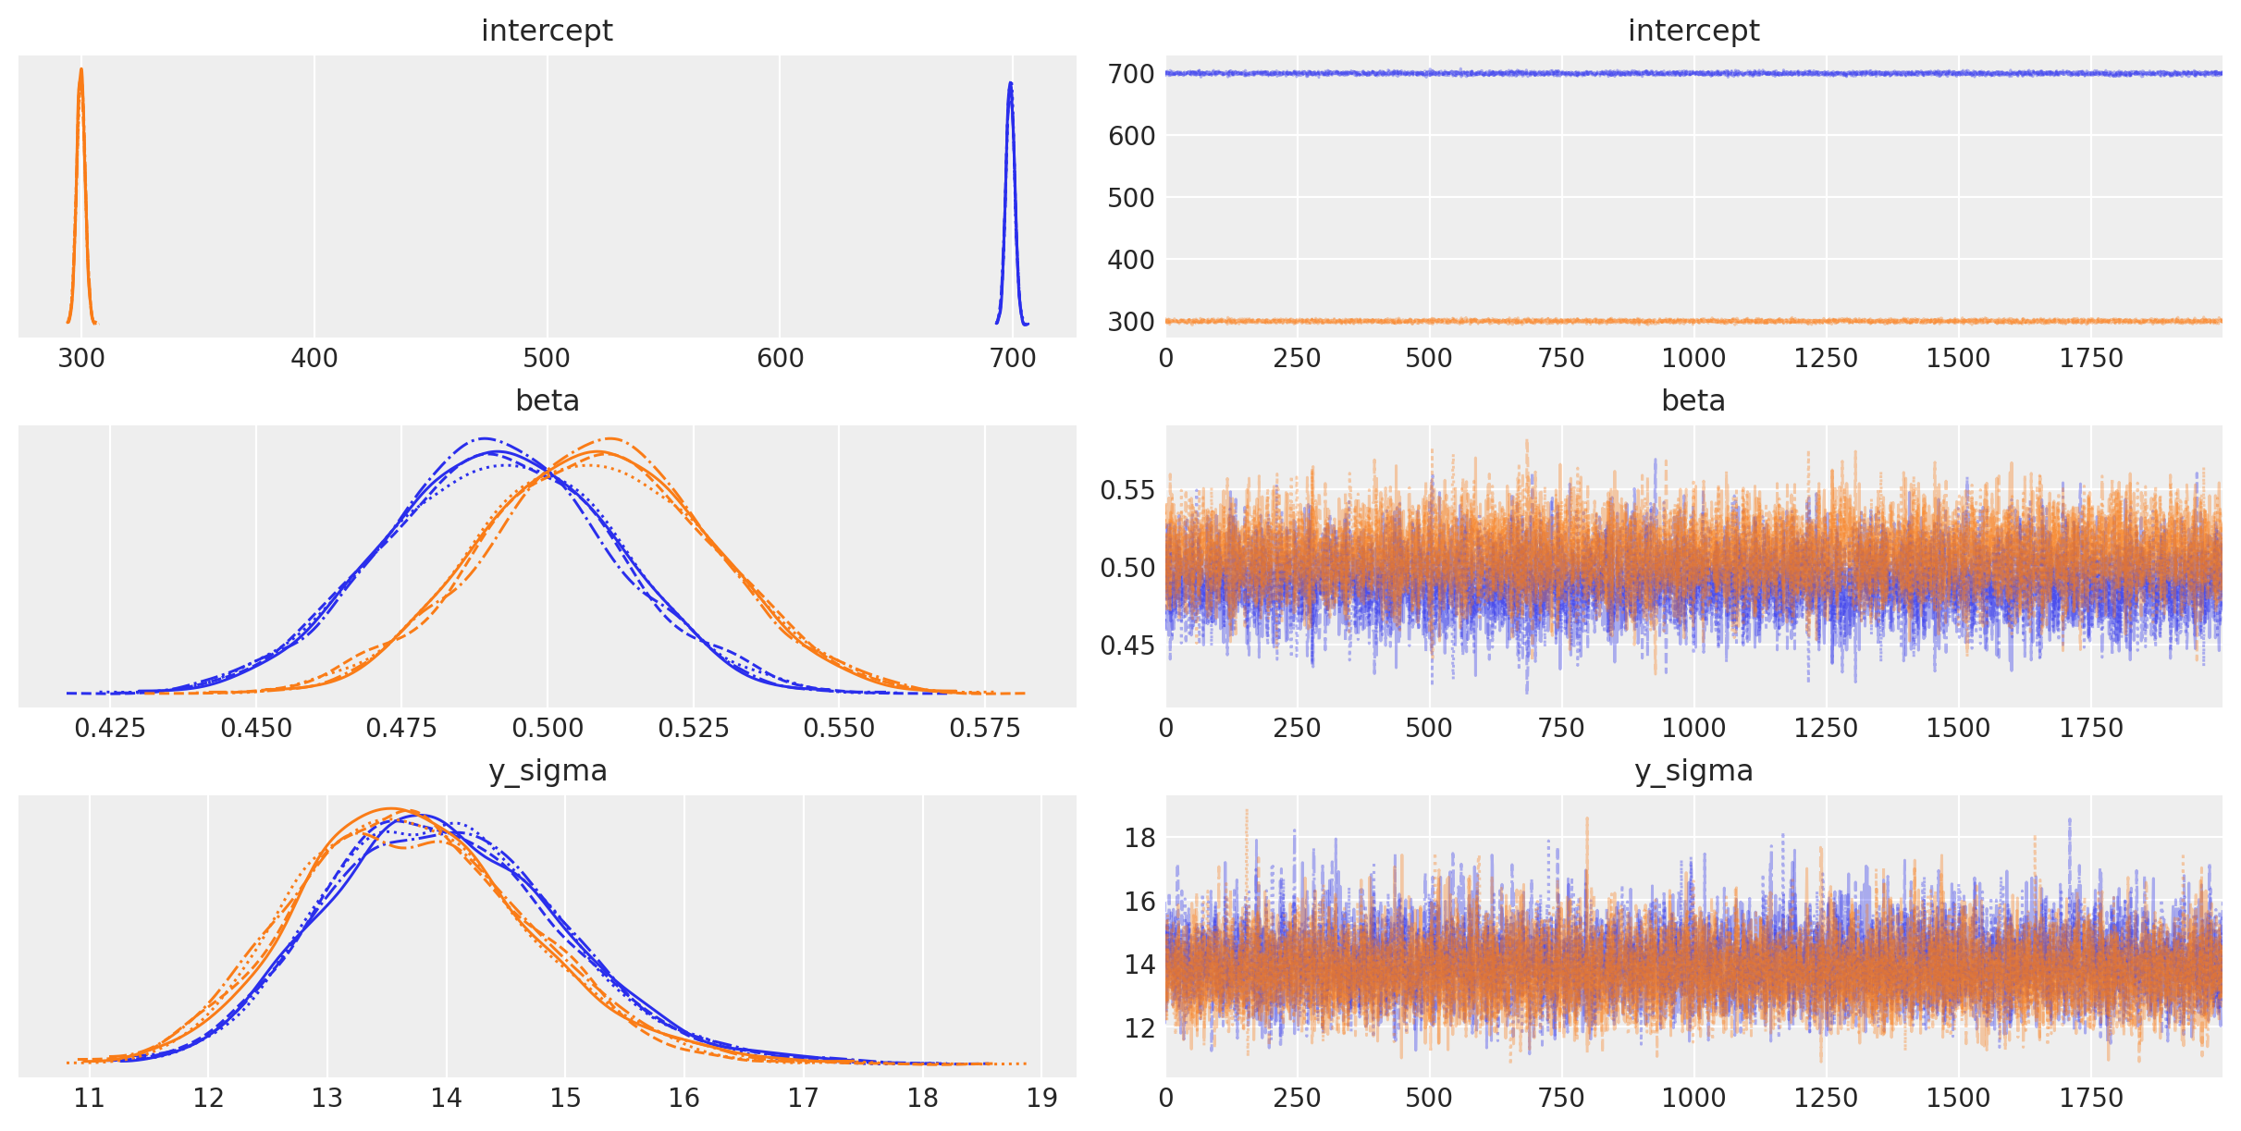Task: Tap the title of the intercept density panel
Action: [547, 31]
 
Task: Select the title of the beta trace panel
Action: [1693, 400]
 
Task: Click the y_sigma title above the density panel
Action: [547, 770]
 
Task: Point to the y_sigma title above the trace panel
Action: [1693, 770]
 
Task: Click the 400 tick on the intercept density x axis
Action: [314, 358]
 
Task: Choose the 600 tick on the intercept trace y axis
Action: [1130, 136]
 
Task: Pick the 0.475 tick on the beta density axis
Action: [401, 728]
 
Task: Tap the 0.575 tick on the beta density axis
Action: [985, 728]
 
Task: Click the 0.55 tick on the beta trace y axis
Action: [1127, 490]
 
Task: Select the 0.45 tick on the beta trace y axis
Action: [1127, 645]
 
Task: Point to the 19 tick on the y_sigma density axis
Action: [1041, 1098]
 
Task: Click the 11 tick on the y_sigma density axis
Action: [89, 1098]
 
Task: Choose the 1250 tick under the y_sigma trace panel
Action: [1825, 1098]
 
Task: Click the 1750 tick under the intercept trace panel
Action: [2090, 358]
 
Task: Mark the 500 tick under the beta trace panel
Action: [1429, 728]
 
